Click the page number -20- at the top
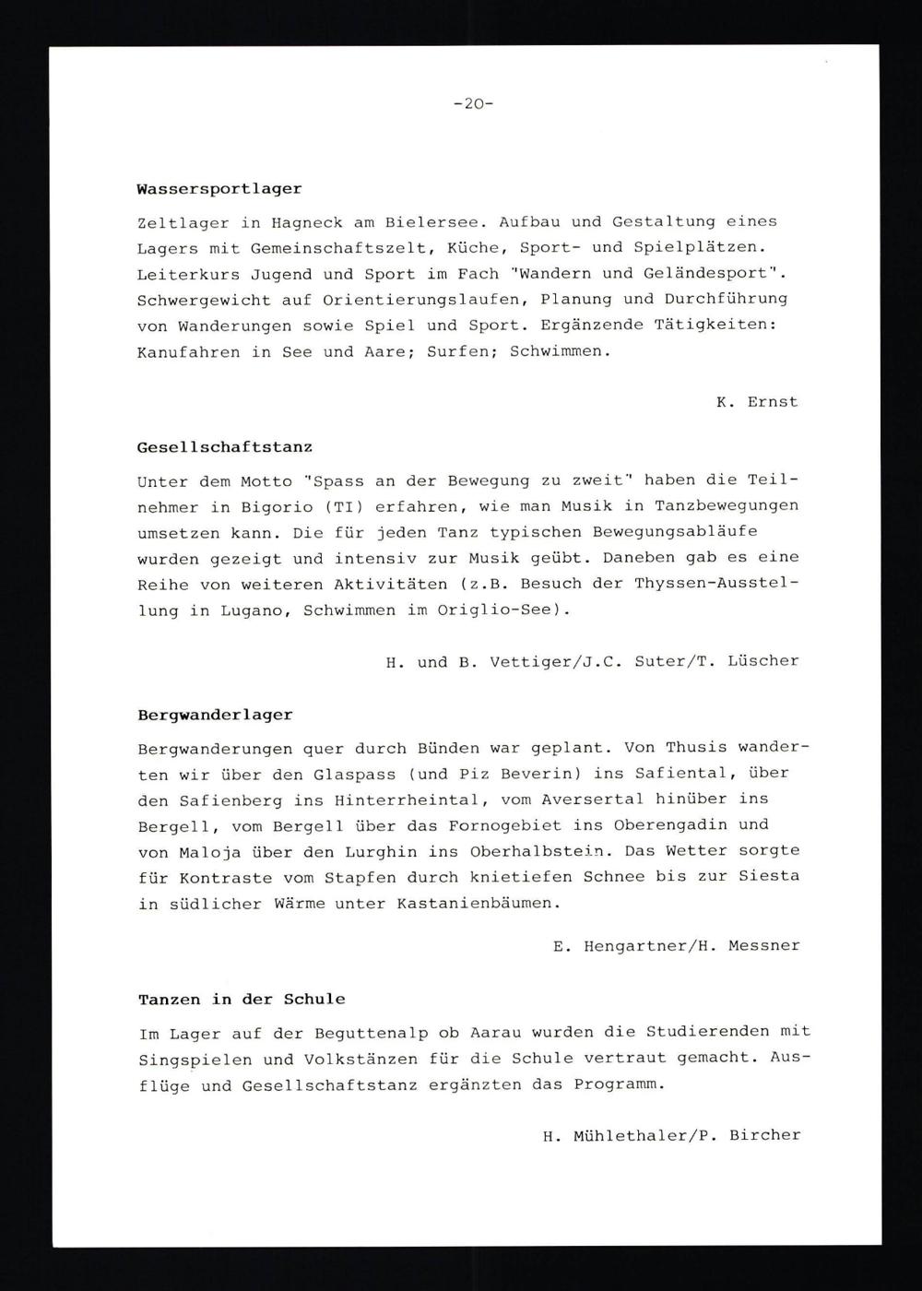pos(474,104)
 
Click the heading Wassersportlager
pos(219,189)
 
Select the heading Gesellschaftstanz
pos(224,447)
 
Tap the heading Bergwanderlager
pos(215,715)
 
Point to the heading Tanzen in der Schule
pos(242,1000)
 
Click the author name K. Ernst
pos(756,402)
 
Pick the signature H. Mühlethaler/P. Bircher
pos(671,1136)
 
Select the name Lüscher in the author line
pos(762,661)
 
